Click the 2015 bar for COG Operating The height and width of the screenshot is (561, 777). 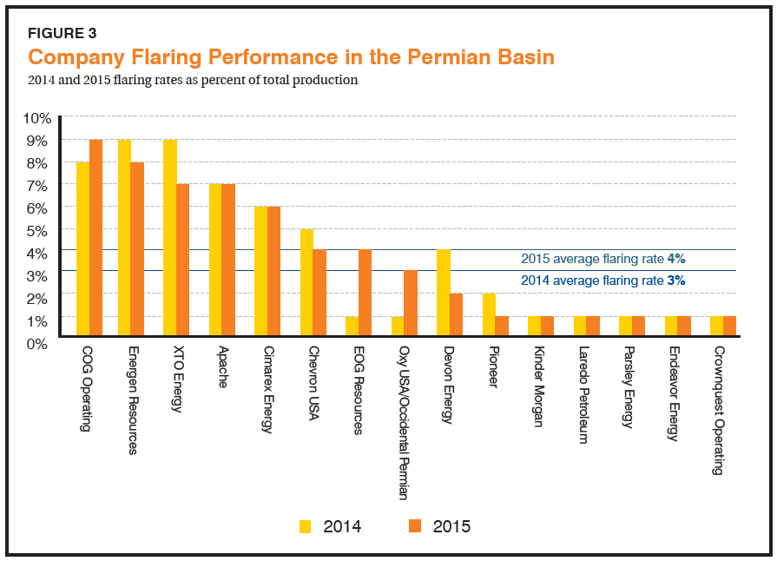95,237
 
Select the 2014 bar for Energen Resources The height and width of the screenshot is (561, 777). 124,237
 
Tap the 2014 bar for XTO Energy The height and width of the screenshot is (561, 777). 170,237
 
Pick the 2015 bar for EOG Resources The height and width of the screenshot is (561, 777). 365,293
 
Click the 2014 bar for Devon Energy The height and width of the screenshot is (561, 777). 443,293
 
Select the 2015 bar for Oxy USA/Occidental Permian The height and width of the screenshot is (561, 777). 411,303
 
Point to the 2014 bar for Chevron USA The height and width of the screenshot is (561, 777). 306,281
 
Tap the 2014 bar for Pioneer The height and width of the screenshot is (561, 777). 489,314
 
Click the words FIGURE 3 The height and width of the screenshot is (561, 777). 63,34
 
